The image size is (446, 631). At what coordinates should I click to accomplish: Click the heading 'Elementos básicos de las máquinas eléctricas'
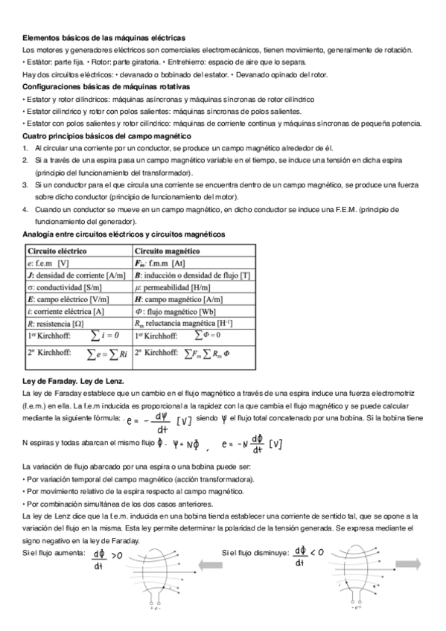104,37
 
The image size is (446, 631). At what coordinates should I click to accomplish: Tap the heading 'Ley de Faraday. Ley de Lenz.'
69,381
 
